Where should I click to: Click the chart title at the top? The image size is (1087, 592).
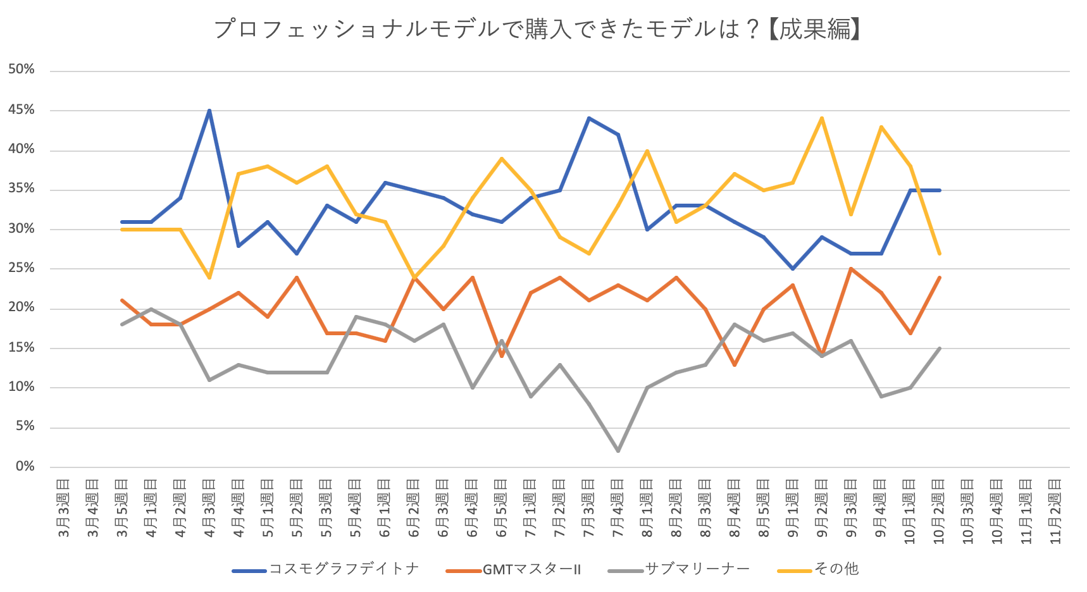coord(537,29)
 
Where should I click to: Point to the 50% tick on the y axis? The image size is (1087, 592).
coord(22,70)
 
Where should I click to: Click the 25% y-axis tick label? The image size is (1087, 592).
coord(22,268)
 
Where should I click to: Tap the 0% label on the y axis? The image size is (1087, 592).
coord(25,466)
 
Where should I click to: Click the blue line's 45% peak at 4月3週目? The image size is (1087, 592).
coord(209,111)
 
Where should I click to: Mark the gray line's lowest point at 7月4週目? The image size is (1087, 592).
coord(618,451)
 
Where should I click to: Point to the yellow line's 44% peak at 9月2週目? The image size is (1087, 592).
coord(822,118)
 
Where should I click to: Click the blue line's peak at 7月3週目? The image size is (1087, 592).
coord(588,118)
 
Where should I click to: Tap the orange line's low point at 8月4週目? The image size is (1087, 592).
coord(735,365)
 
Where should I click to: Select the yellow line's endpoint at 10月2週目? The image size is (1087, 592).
coord(940,254)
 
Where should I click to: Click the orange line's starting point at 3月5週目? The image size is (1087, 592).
coord(121,300)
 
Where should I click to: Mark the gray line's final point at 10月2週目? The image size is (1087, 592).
coord(940,348)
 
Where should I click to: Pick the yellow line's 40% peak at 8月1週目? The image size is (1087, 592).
coord(647,151)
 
